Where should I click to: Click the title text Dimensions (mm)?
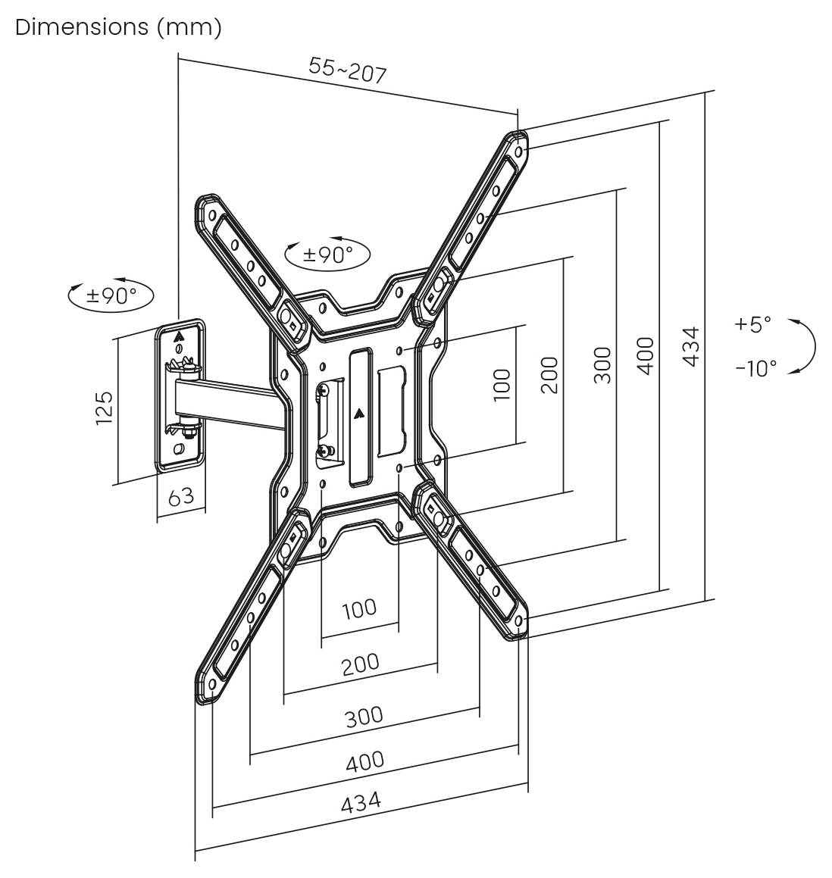[x=118, y=27]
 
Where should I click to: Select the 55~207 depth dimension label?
[x=348, y=70]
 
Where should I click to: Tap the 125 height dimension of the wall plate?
[x=104, y=407]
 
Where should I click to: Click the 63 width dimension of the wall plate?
[x=180, y=497]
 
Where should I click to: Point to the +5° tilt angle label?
[x=752, y=324]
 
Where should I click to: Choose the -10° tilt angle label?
[x=755, y=368]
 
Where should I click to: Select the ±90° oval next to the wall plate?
[x=111, y=295]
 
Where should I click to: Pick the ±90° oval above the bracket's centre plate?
[x=327, y=254]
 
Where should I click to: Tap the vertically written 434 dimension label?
[x=690, y=346]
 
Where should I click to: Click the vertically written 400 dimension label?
[x=646, y=355]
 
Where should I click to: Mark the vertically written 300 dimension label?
[x=602, y=364]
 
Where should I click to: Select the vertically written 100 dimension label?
[x=502, y=384]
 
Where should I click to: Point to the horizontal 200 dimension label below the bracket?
[x=360, y=664]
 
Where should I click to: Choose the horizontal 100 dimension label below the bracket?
[x=358, y=608]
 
